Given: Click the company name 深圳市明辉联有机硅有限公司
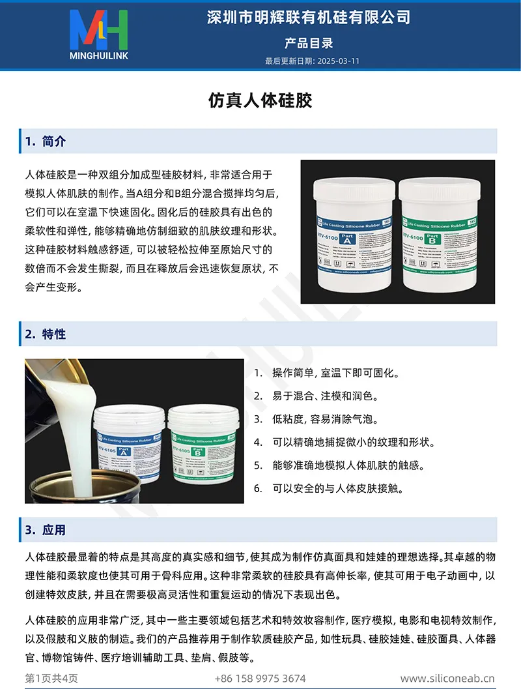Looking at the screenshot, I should pyautogui.click(x=309, y=18).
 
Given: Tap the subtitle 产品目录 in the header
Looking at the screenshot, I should pyautogui.click(x=309, y=43).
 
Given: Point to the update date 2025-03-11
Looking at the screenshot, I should pyautogui.click(x=338, y=61).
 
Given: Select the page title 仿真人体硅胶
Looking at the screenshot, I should pyautogui.click(x=260, y=100).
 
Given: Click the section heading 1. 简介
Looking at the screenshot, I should pyautogui.click(x=46, y=141).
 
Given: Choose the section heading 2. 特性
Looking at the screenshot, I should pyautogui.click(x=46, y=334).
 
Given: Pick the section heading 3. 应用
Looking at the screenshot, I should pyautogui.click(x=46, y=530).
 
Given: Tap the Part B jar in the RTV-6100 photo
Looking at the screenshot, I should pyautogui.click(x=440, y=235).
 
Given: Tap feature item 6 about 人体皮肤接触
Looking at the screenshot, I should pyautogui.click(x=338, y=488).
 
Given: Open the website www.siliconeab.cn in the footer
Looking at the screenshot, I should pyautogui.click(x=447, y=679).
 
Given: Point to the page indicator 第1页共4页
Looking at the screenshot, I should pyautogui.click(x=51, y=679).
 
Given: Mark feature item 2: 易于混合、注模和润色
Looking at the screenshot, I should pyautogui.click(x=325, y=396).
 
